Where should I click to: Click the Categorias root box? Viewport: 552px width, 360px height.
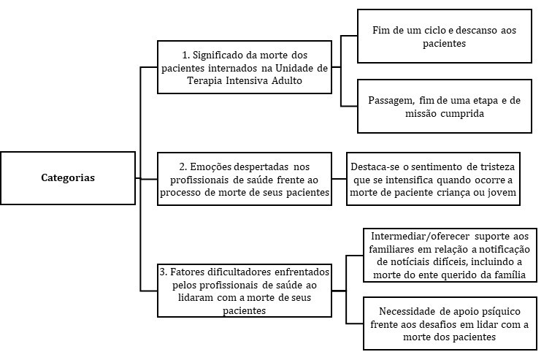68,177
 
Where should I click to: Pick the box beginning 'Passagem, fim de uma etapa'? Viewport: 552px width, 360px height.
444,107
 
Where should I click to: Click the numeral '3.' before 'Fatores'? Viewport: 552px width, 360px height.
164,270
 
